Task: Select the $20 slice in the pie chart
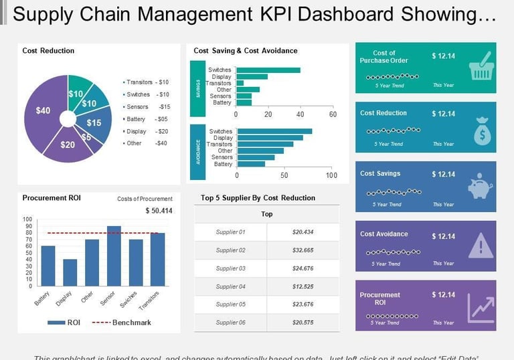point(68,144)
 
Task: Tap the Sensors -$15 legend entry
point(147,106)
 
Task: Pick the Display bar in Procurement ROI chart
point(70,272)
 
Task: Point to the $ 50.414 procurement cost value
point(159,211)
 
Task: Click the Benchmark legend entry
point(131,323)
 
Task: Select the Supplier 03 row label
point(231,268)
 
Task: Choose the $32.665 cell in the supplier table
point(303,250)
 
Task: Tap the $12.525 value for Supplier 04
point(303,286)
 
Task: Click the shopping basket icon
point(481,68)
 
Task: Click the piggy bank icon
point(480,189)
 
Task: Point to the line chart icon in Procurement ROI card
point(480,306)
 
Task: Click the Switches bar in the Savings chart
point(268,70)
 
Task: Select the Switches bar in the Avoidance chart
point(274,131)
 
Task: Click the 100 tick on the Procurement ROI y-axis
point(27,219)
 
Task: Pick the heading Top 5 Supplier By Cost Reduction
point(258,198)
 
